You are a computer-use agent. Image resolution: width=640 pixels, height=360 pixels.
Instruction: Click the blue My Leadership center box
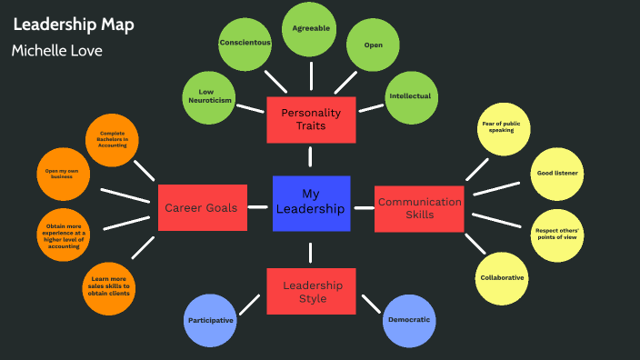(x=311, y=202)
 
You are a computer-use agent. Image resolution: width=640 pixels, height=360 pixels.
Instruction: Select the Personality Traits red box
(x=310, y=119)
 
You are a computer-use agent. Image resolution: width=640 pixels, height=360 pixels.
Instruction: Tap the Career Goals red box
(x=201, y=207)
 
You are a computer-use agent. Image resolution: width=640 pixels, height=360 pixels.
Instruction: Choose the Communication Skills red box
(x=420, y=208)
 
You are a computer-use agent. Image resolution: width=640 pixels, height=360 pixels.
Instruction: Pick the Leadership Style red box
(x=311, y=291)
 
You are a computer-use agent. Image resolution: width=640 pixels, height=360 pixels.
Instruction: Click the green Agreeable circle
(x=310, y=29)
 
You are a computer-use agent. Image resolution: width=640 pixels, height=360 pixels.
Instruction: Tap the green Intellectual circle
(x=410, y=96)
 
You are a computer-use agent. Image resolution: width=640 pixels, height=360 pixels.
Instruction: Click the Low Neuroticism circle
(x=210, y=96)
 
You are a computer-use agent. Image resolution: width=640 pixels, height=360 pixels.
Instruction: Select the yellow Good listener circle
(x=556, y=172)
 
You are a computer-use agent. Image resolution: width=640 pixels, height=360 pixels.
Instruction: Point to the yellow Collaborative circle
(x=503, y=278)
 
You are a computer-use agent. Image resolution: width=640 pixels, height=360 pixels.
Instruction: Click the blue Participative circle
(x=210, y=321)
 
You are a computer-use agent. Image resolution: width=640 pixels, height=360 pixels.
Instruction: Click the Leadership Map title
(x=74, y=25)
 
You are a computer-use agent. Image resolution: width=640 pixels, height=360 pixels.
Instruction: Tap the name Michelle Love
(x=56, y=50)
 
